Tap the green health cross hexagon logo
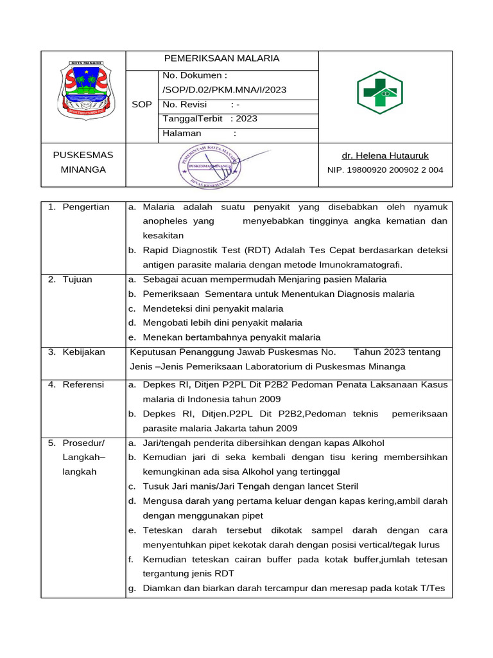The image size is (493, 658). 379,93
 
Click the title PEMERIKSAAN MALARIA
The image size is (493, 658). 221,58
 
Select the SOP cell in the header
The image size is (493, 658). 141,105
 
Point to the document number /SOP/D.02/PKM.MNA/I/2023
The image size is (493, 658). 225,90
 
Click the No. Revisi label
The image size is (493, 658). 185,105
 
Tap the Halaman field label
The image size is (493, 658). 182,134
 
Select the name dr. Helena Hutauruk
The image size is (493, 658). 385,156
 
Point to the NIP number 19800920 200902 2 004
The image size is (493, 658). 385,170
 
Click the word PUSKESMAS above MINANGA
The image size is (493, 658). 83,156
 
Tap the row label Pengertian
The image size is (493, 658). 86,207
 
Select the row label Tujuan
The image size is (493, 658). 77,280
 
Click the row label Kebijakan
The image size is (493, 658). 83,352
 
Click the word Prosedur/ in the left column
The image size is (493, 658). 83,443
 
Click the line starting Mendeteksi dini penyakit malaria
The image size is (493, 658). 213,308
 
